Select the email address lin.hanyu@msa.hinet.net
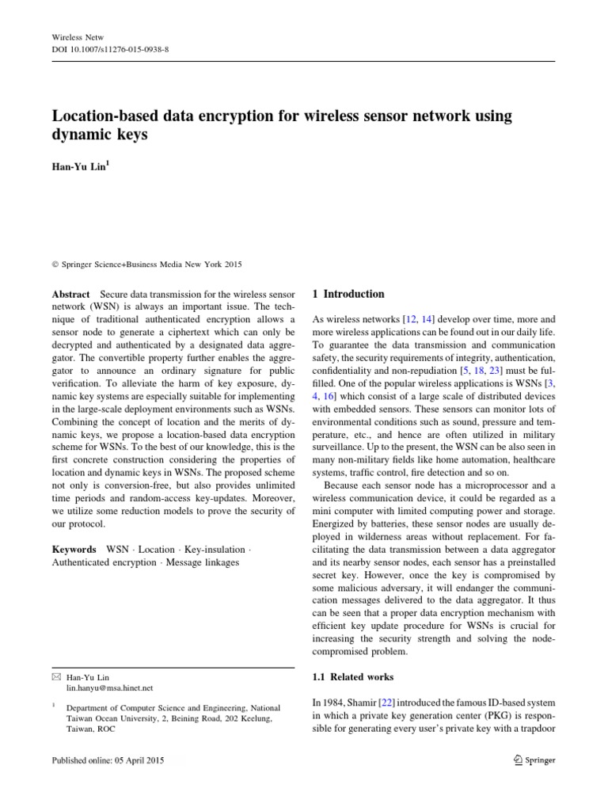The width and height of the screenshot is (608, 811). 110,689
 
